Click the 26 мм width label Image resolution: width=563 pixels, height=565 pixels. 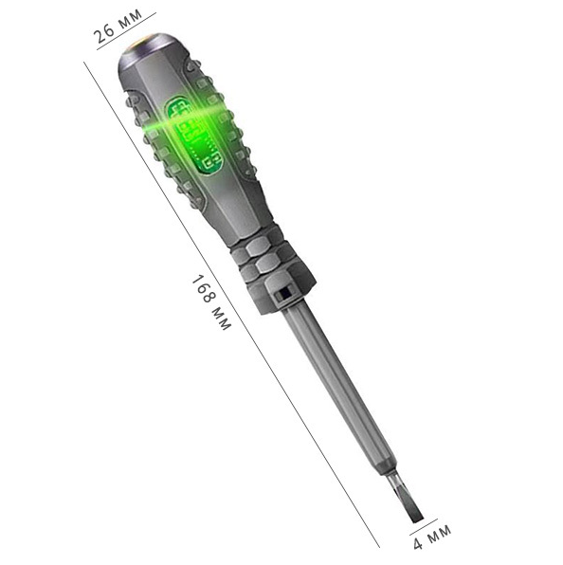coord(118,25)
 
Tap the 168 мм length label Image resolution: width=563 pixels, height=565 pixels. coord(211,302)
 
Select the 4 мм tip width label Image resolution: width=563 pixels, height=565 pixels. coord(431,537)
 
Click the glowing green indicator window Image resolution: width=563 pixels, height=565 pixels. coord(193,137)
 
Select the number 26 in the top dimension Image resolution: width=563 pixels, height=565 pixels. coord(104,33)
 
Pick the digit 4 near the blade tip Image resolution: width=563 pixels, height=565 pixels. coord(417,543)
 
